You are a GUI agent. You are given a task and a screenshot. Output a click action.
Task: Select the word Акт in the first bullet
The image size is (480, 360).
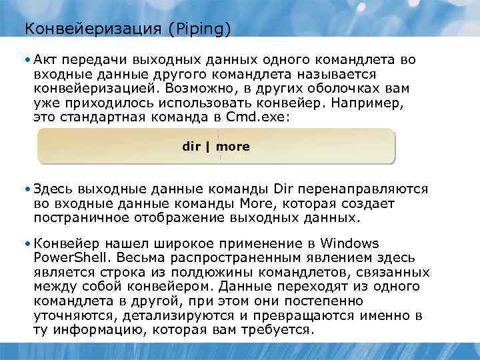point(45,60)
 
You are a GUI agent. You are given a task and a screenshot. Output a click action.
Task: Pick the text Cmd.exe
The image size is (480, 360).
point(267,117)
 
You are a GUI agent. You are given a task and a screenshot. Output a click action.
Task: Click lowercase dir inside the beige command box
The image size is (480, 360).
point(191,146)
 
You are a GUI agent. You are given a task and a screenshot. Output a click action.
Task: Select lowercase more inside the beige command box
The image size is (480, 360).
point(233,146)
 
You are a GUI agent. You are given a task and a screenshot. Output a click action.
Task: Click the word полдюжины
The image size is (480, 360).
point(185,272)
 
